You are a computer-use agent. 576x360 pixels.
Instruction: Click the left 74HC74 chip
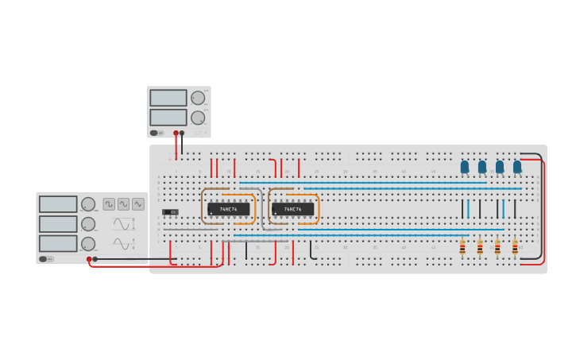pos(228,209)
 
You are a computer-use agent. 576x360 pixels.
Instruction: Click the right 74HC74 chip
pos(292,209)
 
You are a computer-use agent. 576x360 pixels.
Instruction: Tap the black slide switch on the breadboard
pos(170,212)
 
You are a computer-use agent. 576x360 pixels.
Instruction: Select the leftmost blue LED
pos(465,167)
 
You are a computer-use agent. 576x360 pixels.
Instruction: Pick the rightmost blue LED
pos(517,167)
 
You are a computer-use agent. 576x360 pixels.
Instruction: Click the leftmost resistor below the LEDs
pos(462,247)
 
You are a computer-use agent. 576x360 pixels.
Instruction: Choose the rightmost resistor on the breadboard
pos(515,247)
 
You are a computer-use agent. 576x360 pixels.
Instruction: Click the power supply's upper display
pos(168,98)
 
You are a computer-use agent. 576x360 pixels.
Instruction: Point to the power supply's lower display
pos(168,117)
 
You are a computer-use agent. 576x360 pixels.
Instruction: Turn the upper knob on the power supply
pos(197,98)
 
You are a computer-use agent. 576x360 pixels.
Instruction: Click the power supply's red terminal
pos(176,133)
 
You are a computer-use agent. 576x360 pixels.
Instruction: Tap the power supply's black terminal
pos(182,133)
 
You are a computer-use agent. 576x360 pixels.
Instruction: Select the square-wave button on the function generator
pos(109,203)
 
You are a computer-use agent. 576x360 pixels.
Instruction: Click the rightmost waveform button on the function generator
pos(138,203)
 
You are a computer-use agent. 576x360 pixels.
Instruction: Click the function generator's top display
pos(58,204)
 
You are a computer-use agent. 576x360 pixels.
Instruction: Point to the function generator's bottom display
pos(58,243)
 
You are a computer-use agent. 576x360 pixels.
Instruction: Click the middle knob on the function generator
pos(88,224)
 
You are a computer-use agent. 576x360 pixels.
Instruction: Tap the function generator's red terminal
pos(89,259)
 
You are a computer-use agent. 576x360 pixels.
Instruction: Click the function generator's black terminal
pos(95,259)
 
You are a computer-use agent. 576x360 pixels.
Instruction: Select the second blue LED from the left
pos(482,167)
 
